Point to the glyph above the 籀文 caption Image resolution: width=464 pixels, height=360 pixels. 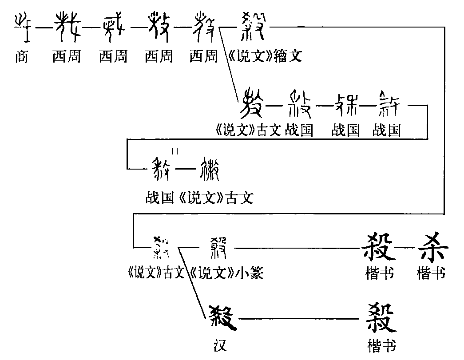254,26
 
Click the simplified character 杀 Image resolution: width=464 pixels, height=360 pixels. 431,247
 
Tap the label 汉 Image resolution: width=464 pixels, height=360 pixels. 220,345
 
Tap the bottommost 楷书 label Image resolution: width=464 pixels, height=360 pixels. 381,345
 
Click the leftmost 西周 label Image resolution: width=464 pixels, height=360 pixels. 66,57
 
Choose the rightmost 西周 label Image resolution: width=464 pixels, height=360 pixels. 203,57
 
